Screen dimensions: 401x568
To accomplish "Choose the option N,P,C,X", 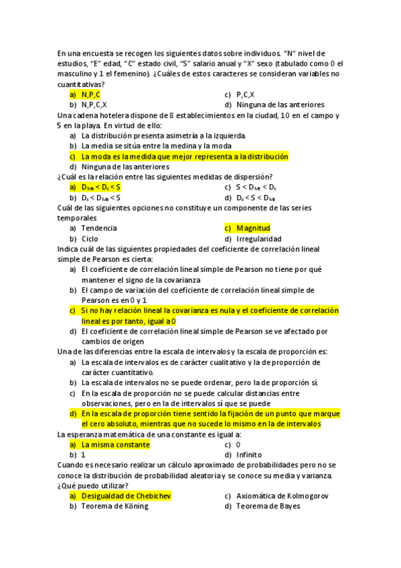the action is [94, 105].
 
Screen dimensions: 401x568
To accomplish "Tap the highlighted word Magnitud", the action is [253, 228].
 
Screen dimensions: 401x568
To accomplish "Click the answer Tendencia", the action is [99, 228].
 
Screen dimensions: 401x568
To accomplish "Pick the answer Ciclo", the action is [90, 239].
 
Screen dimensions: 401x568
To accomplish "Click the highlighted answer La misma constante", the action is [115, 445].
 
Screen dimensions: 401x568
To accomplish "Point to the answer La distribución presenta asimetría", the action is [164, 136].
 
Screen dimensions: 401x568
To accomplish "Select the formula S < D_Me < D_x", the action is [256, 188].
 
